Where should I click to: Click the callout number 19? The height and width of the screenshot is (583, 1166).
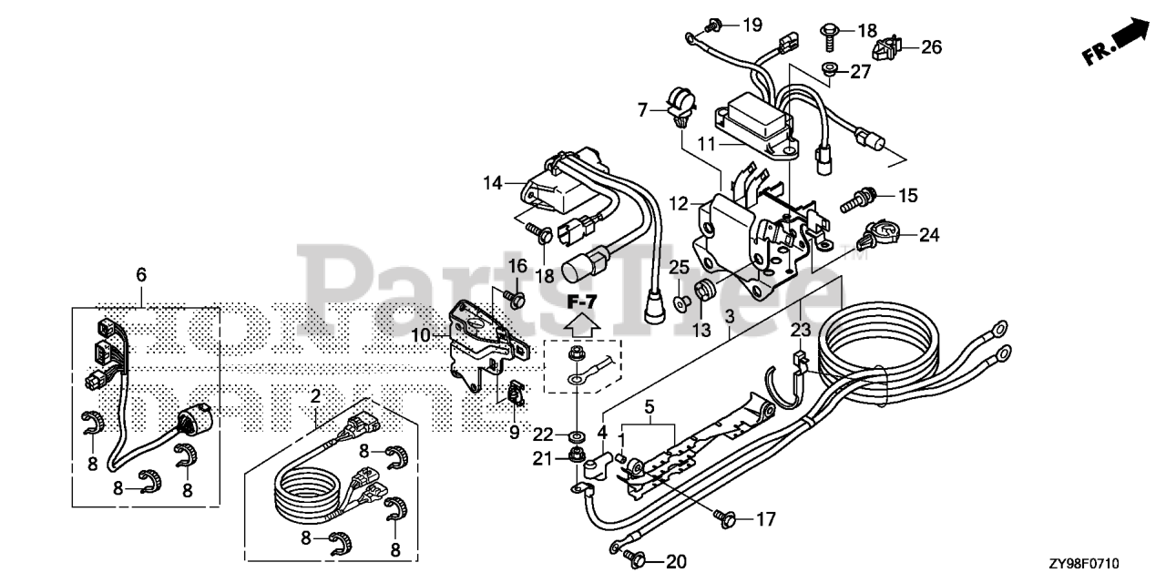(752, 25)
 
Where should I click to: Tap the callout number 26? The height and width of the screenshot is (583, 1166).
(931, 46)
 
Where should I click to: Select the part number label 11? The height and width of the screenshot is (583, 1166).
(708, 143)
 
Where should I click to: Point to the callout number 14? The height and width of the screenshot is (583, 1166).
(493, 183)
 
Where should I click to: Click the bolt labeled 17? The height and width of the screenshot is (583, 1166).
(726, 519)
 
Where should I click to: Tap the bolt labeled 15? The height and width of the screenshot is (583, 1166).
(860, 197)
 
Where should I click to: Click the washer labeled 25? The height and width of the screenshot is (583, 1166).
(680, 300)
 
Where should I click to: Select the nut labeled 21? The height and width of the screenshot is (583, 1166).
(577, 455)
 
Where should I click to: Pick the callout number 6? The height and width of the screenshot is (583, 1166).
(141, 274)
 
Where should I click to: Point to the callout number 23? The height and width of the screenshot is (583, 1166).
(800, 331)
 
